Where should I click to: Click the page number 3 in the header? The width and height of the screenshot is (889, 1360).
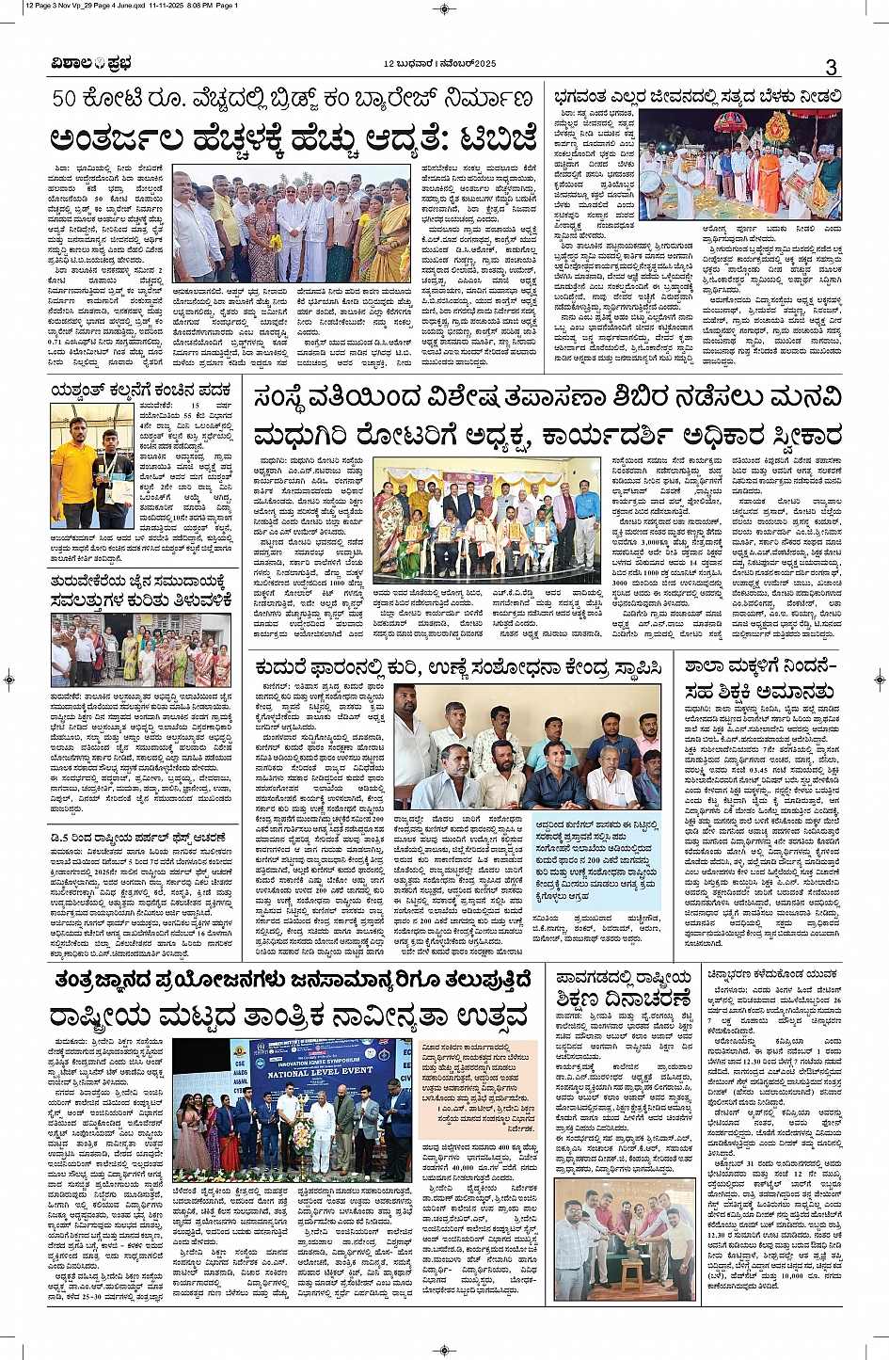click(x=831, y=67)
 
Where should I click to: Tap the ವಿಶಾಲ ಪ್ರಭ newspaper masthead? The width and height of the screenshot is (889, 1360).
click(x=92, y=64)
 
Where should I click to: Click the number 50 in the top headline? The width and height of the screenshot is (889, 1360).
click(x=71, y=100)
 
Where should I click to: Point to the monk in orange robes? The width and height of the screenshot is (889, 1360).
click(x=770, y=178)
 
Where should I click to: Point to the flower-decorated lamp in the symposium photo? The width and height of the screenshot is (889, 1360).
click(x=302, y=1130)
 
